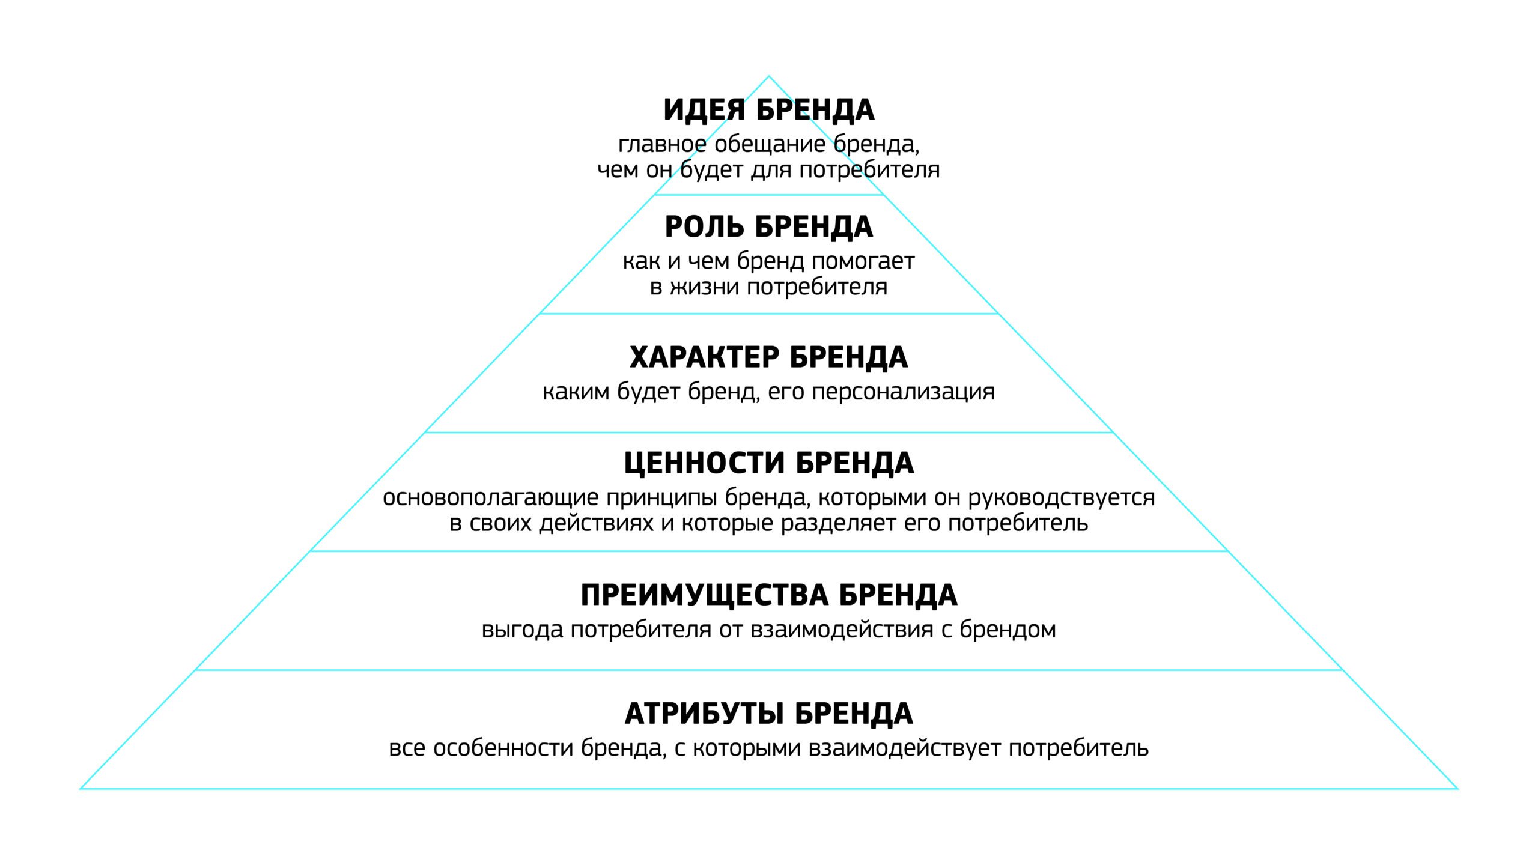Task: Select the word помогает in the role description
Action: coord(863,261)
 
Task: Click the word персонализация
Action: coord(903,393)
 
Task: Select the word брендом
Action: coord(1008,630)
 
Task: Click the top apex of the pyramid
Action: coord(768,76)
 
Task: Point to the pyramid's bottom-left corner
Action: coord(81,788)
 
